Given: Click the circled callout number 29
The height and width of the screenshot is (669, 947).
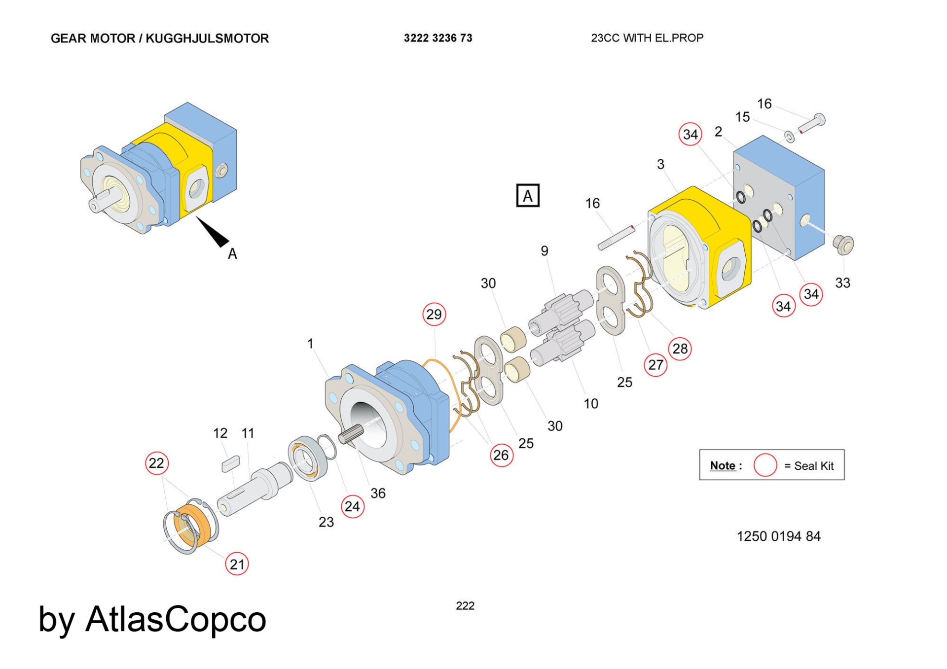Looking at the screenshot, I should tap(434, 315).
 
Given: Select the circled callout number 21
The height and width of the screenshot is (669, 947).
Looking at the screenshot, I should tap(237, 564).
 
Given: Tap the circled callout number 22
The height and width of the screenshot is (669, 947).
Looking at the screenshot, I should tap(157, 463).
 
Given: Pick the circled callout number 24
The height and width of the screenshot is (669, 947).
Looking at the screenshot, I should tap(353, 506).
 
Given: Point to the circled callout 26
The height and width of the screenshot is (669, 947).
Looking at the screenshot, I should tap(501, 455).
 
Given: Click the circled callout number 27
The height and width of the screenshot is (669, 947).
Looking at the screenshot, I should tap(656, 365).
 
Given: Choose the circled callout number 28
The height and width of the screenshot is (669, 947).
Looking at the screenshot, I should tap(680, 349).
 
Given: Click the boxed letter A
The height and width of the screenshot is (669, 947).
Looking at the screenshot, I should tap(528, 196).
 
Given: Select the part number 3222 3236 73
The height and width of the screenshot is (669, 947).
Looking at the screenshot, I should tap(438, 38).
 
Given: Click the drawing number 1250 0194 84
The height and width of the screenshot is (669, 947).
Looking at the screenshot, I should tap(778, 536).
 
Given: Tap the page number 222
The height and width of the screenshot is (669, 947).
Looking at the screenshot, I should tap(465, 606).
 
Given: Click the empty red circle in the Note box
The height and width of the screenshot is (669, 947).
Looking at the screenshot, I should tap(765, 465).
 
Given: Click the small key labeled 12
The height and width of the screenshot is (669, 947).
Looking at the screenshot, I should tap(230, 463).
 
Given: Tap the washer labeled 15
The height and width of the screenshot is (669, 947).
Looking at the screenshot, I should tap(789, 137).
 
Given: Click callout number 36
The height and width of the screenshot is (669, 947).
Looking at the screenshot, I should tap(378, 493).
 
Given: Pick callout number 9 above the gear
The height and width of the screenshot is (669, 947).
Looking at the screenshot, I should tap(544, 251).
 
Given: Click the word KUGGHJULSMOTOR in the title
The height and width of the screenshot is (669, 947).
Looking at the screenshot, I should tap(207, 38).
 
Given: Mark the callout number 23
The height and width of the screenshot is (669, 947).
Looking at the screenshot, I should tap(326, 522).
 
